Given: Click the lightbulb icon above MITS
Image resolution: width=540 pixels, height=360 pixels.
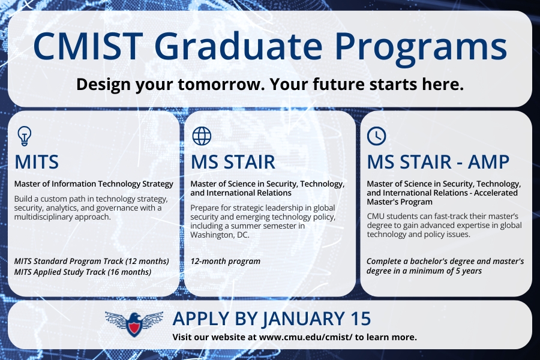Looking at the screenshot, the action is coord(25,136).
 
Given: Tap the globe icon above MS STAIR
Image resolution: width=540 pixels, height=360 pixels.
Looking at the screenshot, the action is coord(202,136).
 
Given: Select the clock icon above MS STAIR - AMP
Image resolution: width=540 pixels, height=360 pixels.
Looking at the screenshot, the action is coord(376,136).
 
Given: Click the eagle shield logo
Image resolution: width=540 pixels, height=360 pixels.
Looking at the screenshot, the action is coord(134,324).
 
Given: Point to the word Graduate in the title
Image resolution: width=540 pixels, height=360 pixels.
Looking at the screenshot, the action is coord(238,46).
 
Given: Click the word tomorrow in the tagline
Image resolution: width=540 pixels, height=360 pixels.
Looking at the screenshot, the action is coord(221,85).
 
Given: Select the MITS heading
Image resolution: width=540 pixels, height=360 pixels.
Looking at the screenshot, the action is coord(37,162).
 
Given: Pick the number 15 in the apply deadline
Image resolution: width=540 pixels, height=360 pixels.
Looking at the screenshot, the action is coord(361,319).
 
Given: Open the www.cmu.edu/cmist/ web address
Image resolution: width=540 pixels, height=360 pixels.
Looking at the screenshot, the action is coord(305,337).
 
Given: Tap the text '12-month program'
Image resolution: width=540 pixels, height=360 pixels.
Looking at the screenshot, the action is coord(225,262).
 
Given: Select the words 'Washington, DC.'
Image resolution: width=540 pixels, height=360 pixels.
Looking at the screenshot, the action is coord(220,235).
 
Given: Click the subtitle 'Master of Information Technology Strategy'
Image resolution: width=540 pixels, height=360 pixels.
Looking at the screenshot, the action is coord(94,184).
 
